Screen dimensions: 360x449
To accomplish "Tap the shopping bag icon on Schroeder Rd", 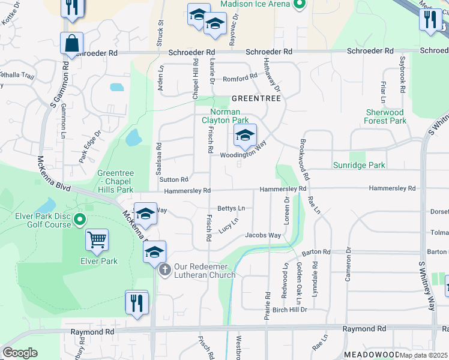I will [x=71, y=44].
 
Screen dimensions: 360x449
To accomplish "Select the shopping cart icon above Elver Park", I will [x=97, y=241].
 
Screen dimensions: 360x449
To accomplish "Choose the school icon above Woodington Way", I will [x=245, y=136].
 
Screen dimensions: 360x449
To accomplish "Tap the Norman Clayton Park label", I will [x=224, y=116].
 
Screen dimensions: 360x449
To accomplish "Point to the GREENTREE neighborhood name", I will [x=256, y=98].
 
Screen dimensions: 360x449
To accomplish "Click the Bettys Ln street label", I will [x=231, y=208].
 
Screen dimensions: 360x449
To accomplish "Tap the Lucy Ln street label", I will [x=229, y=224].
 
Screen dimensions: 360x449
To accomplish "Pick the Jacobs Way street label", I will [x=263, y=235].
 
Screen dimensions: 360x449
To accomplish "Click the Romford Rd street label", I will [x=240, y=79].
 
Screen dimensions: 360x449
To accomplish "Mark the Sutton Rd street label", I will [x=174, y=179].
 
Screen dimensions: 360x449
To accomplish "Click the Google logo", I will [x=20, y=353].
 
